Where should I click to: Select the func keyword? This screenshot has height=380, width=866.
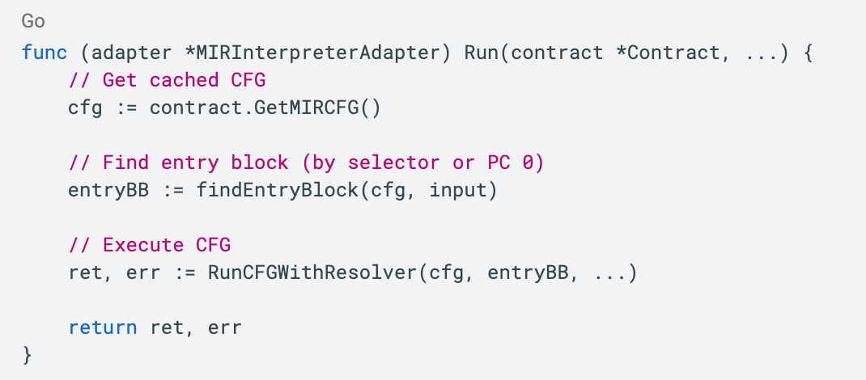(45, 53)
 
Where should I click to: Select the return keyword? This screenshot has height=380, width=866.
(103, 328)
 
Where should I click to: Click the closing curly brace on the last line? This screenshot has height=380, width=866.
(28, 355)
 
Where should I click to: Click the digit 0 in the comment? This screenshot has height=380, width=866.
(528, 163)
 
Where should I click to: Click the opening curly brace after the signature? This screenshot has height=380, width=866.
(805, 53)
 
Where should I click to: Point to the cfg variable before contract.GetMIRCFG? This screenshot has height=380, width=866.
(85, 108)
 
